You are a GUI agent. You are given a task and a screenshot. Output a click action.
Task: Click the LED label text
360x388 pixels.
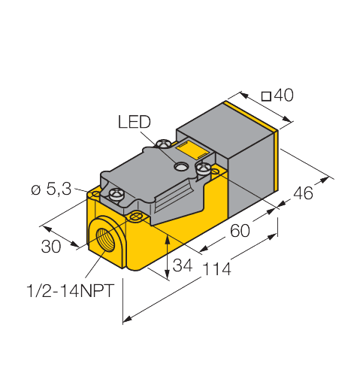pos(135,121)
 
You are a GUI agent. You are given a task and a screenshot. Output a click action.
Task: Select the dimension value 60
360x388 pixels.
pos(239,231)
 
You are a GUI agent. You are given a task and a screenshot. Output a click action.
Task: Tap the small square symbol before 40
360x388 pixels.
pos(265,95)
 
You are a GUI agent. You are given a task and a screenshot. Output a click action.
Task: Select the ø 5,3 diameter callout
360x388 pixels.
pos(51,190)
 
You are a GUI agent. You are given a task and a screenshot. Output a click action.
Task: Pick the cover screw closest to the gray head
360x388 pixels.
pos(203,169)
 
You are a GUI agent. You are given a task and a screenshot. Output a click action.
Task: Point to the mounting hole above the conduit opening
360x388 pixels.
pos(136,217)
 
